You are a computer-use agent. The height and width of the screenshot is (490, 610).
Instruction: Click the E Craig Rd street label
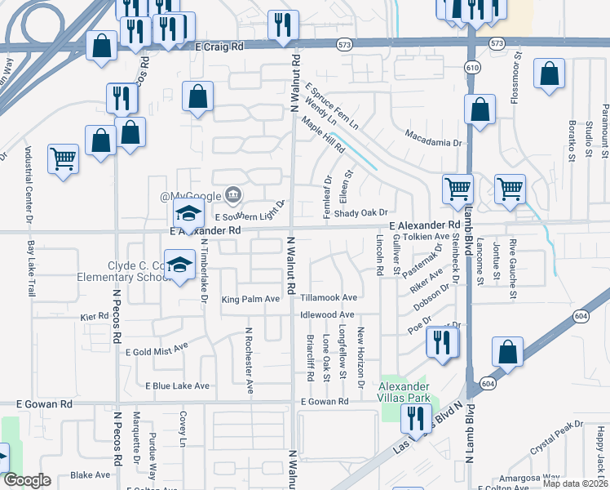[x=220, y=47]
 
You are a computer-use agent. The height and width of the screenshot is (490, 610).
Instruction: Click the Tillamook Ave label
[x=329, y=298]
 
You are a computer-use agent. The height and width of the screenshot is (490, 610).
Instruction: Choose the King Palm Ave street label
[x=250, y=300]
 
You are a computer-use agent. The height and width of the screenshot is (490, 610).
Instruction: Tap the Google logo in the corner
[x=27, y=480]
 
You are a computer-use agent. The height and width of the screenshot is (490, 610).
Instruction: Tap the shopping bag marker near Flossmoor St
[x=550, y=73]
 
